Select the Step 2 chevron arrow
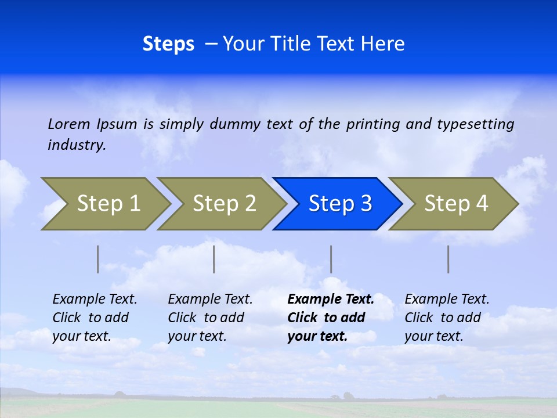click(224, 204)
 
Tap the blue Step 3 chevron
click(339, 204)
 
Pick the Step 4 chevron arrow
click(455, 204)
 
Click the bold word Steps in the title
click(168, 44)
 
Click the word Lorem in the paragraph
click(69, 124)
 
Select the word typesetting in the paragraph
click(475, 124)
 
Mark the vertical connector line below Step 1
click(98, 259)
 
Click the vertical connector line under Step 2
click(214, 259)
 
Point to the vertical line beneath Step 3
click(331, 259)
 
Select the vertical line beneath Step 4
click(449, 259)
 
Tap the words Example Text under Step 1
click(95, 300)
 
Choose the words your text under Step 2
click(197, 336)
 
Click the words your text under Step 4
click(433, 336)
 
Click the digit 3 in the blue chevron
click(366, 204)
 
